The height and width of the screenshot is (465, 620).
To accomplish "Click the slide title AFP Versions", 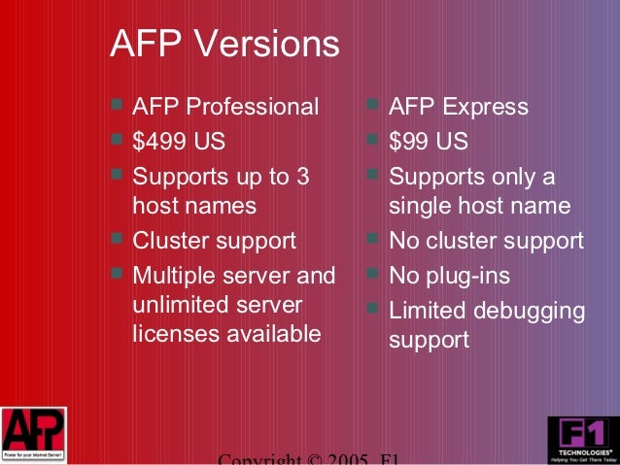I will tap(224, 44).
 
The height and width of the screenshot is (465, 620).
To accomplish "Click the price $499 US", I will tap(179, 142).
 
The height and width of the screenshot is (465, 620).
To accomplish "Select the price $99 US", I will tap(428, 142).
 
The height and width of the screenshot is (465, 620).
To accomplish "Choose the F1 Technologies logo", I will tap(581, 439).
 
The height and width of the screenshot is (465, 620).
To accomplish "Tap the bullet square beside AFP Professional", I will tap(117, 103).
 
